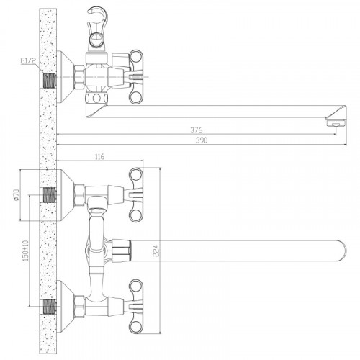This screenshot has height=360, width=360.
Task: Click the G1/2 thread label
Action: coord(28,61)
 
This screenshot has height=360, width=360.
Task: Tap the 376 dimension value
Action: coord(197,130)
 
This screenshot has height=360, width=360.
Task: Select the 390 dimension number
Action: coord(202,140)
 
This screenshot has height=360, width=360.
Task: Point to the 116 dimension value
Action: coord(100,157)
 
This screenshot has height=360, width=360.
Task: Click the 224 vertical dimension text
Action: coord(156,251)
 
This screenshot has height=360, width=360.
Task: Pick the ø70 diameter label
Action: coord(17,194)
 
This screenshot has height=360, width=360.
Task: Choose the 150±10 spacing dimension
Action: coord(26,251)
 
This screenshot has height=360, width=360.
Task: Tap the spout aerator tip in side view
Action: coord(336,124)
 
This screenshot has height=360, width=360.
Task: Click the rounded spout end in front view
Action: coord(342,251)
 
